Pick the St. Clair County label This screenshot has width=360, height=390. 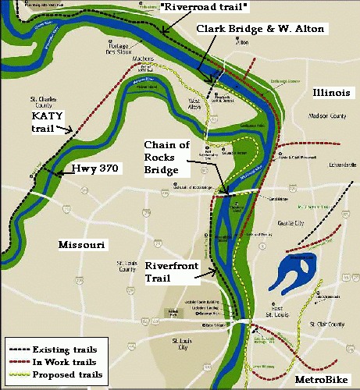pos(327,322)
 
